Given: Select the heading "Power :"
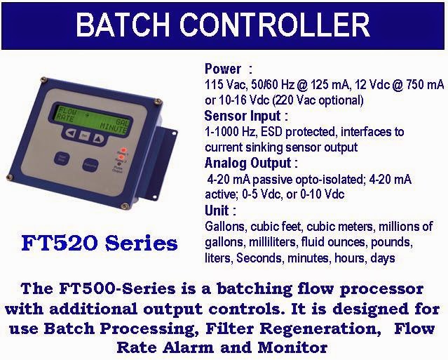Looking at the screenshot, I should pos(228,69).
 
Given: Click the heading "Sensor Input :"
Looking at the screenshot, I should pos(246,116).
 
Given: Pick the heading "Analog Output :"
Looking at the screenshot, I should pos(251,164).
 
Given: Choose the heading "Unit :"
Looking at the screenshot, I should pos(220,211).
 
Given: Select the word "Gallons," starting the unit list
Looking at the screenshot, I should pos(226,227).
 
